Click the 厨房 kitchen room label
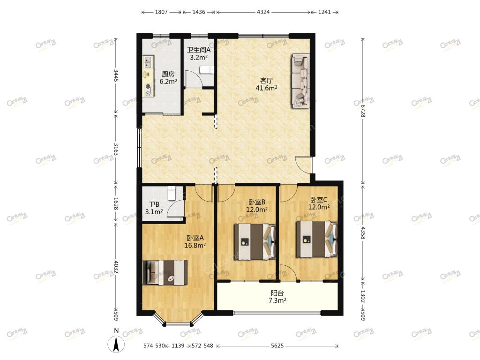[168, 74]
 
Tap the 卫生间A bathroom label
[199, 50]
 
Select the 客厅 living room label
[266, 81]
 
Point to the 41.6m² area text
[266, 88]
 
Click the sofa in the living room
[300, 81]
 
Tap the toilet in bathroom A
[207, 70]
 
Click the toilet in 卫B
[172, 193]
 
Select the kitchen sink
[148, 62]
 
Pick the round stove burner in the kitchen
[149, 86]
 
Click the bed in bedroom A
[165, 273]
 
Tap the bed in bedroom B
[255, 241]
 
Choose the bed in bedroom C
[316, 240]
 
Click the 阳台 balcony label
[277, 293]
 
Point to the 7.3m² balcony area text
[277, 300]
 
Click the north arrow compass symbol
[116, 344]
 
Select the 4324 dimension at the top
[263, 12]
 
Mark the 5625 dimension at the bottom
[277, 345]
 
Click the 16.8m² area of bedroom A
[195, 245]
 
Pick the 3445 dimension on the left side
[116, 75]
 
